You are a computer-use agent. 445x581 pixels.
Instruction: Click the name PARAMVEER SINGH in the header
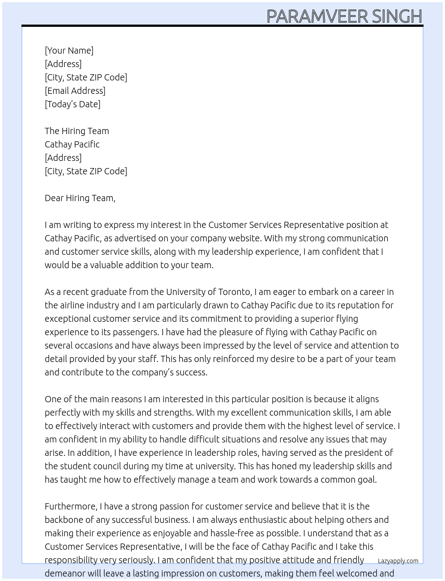tap(344, 16)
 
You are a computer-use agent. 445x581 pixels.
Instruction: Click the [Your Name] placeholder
tap(69, 51)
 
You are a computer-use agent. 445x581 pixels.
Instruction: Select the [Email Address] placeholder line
tap(75, 91)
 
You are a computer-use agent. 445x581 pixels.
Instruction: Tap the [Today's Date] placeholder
tap(72, 104)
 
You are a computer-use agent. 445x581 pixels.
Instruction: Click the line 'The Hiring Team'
tap(77, 131)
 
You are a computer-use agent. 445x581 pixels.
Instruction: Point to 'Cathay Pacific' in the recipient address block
tap(72, 144)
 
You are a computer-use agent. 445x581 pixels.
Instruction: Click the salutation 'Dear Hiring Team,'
tap(80, 198)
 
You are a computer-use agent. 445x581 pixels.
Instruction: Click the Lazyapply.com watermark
tap(398, 561)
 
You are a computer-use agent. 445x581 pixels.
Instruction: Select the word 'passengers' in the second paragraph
tap(135, 332)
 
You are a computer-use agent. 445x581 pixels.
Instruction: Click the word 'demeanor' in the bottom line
tap(64, 573)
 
